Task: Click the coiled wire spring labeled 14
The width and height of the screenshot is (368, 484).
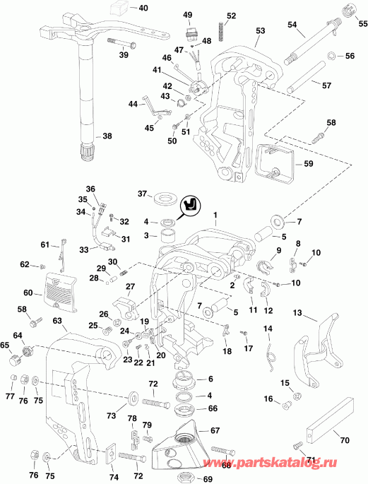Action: coord(268,349)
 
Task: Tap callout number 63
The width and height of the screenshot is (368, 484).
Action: coord(57,321)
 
